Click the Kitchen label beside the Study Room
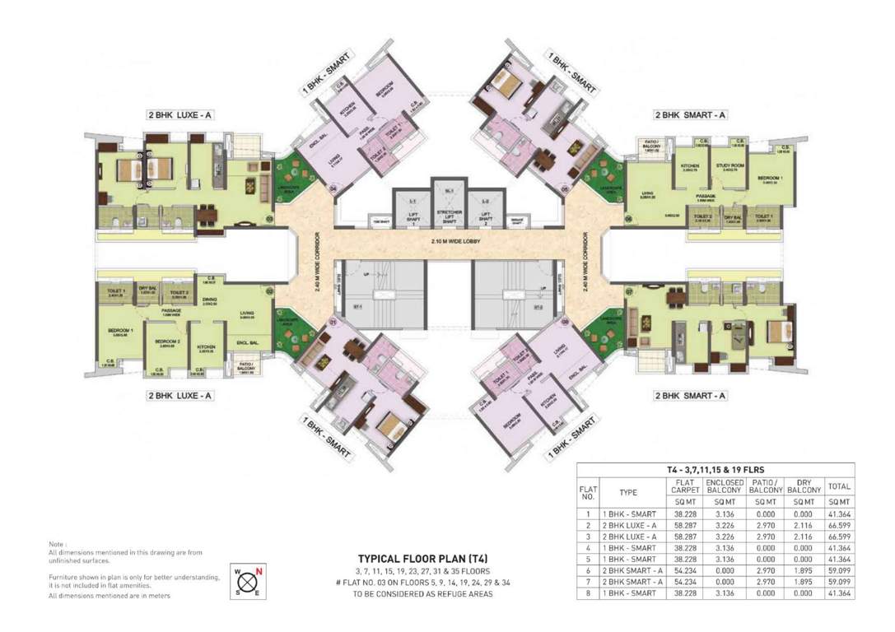coord(689,165)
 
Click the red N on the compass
coord(259,569)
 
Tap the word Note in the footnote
coord(57,544)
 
